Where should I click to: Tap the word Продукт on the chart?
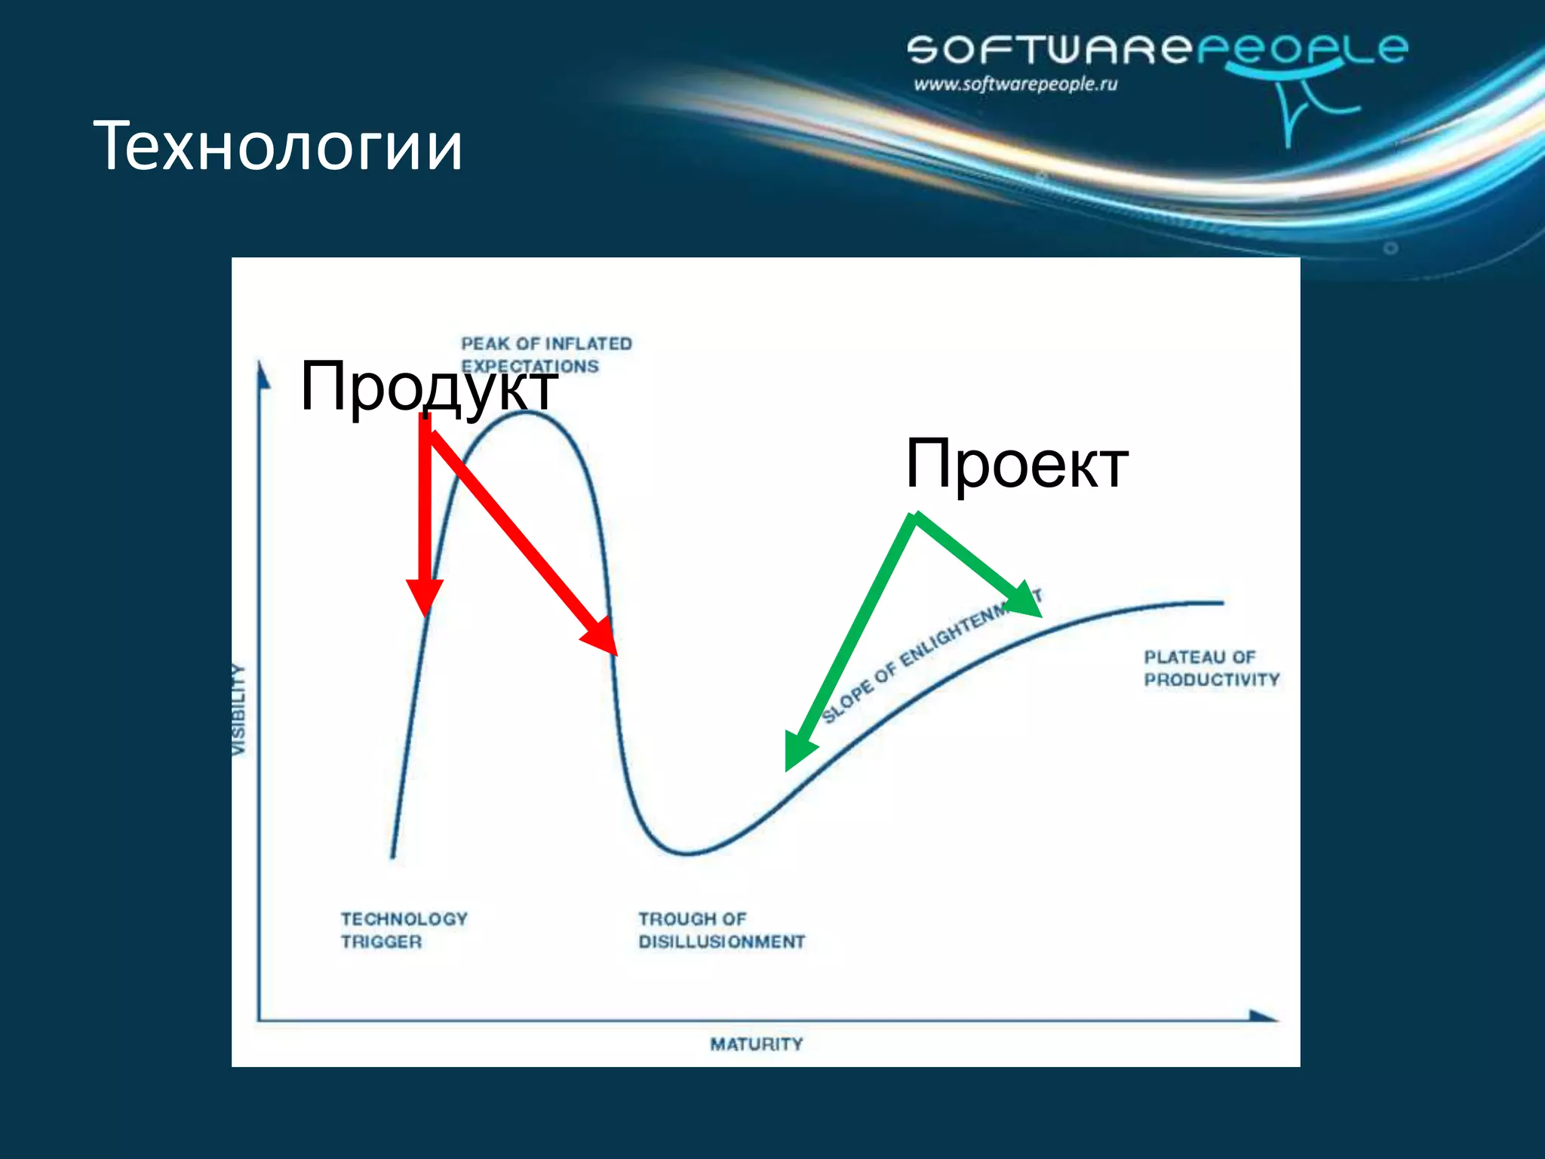pos(428,386)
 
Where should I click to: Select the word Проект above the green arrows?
pos(1016,464)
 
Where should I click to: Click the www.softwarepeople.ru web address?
pos(1015,84)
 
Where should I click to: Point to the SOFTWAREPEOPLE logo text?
pos(1156,49)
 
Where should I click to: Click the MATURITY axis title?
pos(756,1044)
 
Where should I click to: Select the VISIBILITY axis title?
pos(238,709)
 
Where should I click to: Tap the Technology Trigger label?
pos(404,930)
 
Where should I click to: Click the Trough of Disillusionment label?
pos(721,930)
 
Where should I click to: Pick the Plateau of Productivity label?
pos(1211,669)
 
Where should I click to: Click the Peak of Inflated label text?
pos(546,344)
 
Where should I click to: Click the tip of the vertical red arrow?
pos(425,613)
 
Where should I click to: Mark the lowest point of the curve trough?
pos(686,853)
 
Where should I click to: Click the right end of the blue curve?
pos(1221,603)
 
